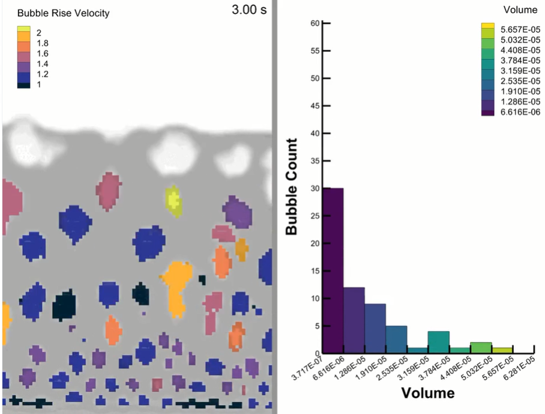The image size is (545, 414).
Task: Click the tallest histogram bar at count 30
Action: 333,270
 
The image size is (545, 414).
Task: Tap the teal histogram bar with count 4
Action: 438,342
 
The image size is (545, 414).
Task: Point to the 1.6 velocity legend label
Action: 42,53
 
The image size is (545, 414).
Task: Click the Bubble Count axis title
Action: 292,186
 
